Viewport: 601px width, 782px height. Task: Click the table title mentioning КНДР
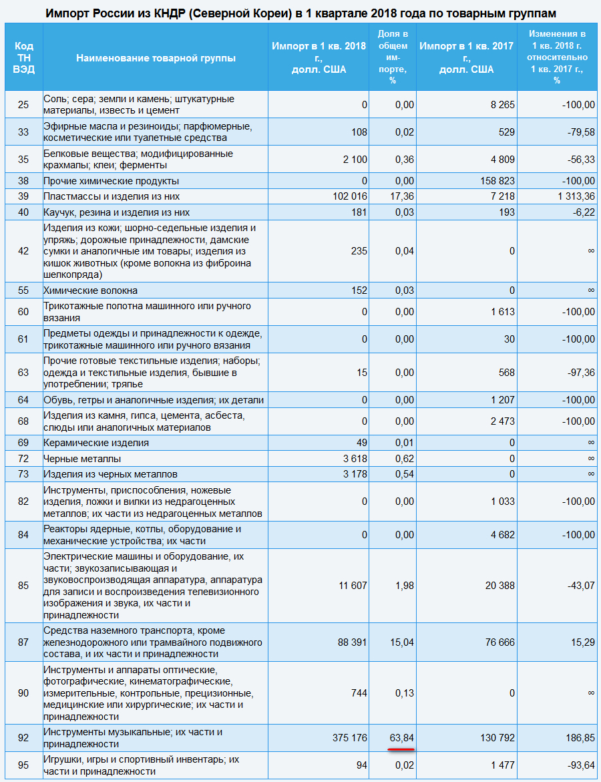[x=300, y=13]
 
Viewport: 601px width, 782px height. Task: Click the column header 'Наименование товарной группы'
[x=156, y=58]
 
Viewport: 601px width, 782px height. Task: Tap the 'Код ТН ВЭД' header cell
[x=23, y=58]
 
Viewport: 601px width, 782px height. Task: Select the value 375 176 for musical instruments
[x=349, y=738]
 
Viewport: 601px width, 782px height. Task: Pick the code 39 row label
[x=23, y=197]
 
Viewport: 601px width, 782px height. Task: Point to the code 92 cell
[x=23, y=738]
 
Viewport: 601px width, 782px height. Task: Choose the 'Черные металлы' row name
[x=82, y=459]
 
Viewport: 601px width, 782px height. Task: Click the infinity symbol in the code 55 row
[x=590, y=290]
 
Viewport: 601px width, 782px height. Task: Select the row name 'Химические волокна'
[x=91, y=290]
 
